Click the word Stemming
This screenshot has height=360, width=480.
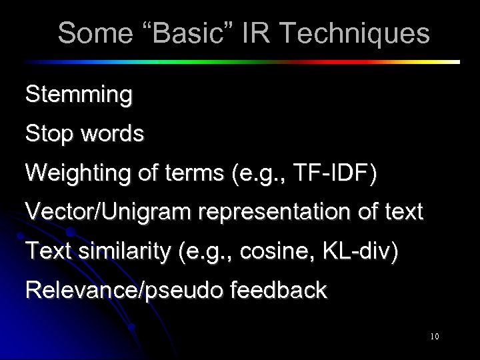coord(79,95)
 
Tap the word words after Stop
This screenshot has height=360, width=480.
coord(112,134)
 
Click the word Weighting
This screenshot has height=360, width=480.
coord(75,173)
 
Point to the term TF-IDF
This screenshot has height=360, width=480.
coord(335,173)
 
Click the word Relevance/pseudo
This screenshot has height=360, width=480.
coord(113,290)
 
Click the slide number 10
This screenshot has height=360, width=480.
coord(434,337)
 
